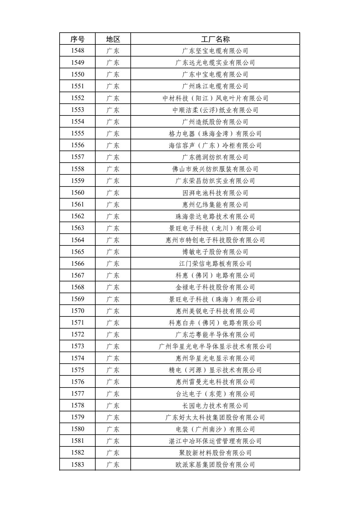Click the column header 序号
(77, 39)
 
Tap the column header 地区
(113, 39)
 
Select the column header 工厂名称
(215, 39)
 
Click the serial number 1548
(77, 50)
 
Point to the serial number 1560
(77, 193)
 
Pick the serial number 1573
(77, 346)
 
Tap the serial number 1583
(77, 464)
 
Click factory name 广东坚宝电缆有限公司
(215, 51)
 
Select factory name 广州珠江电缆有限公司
(215, 86)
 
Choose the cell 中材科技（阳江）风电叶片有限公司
(215, 98)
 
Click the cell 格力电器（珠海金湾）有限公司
(215, 134)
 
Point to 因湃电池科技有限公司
(215, 193)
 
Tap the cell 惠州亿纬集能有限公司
(215, 205)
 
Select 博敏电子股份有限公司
(215, 252)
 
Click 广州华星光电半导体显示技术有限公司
(215, 346)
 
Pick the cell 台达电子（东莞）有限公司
(215, 394)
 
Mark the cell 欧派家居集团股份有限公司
(215, 465)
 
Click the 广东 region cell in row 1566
(113, 264)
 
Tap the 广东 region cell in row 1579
(113, 417)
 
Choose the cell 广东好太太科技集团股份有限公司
(215, 417)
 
